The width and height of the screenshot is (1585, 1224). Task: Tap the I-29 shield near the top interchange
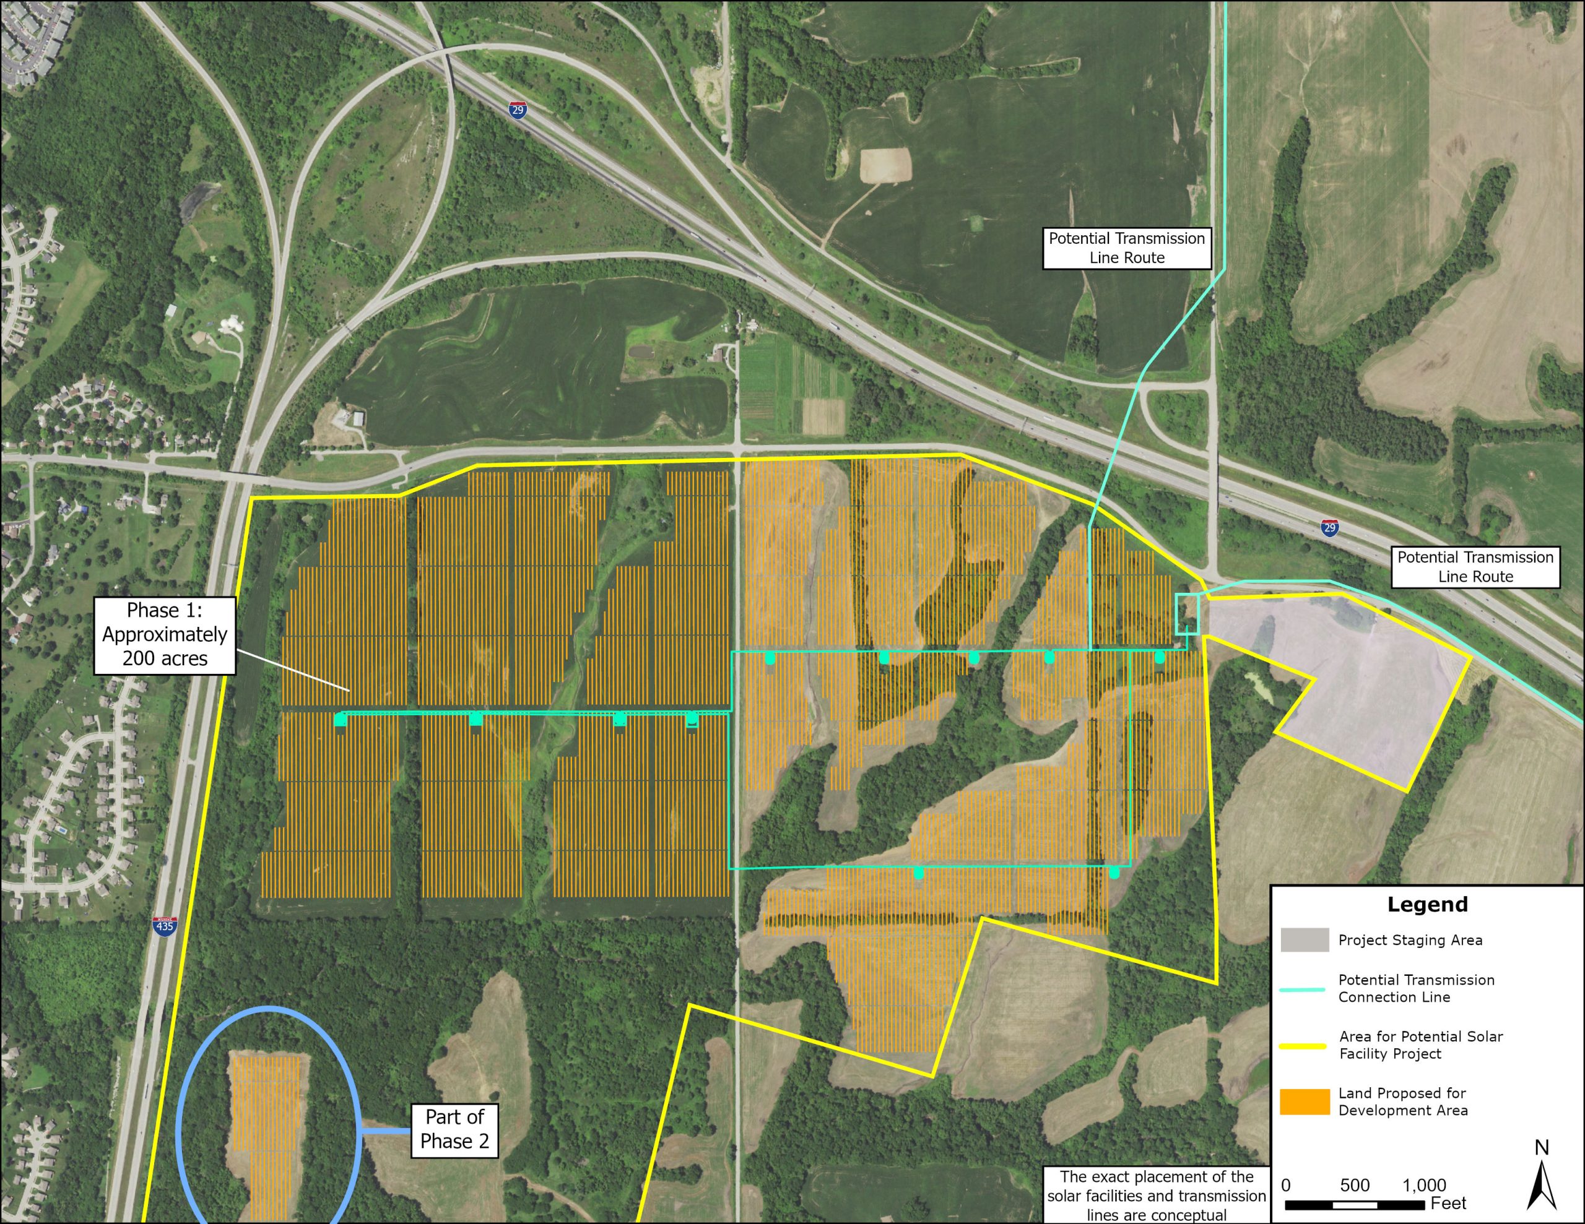[x=517, y=110]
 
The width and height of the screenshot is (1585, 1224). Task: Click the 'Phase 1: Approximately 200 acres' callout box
[x=165, y=635]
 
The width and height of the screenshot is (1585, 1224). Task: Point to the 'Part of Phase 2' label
[x=455, y=1129]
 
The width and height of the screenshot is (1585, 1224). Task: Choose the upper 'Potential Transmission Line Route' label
[x=1126, y=248]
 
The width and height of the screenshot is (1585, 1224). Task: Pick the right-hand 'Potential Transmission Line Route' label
[x=1475, y=567]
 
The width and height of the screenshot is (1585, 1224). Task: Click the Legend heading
[x=1426, y=904]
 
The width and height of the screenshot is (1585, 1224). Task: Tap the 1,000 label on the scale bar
[x=1424, y=1186]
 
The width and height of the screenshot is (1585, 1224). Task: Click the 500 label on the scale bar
[x=1354, y=1186]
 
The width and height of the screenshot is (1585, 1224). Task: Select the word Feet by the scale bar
[x=1449, y=1204]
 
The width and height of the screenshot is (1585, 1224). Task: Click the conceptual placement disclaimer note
[x=1156, y=1196]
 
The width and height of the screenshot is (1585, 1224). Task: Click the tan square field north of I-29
[x=885, y=165]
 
